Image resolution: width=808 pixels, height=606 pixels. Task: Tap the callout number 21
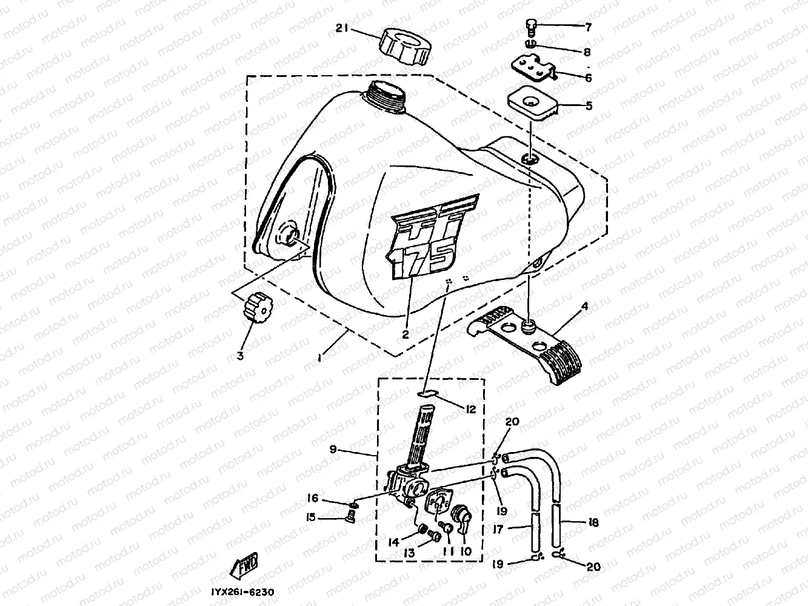(342, 27)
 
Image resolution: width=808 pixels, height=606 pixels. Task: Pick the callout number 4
(584, 307)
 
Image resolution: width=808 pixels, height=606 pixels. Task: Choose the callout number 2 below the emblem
(405, 333)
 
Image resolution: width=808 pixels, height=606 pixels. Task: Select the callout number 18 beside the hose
(593, 522)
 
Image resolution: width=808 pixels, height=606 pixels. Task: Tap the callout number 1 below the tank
(319, 359)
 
